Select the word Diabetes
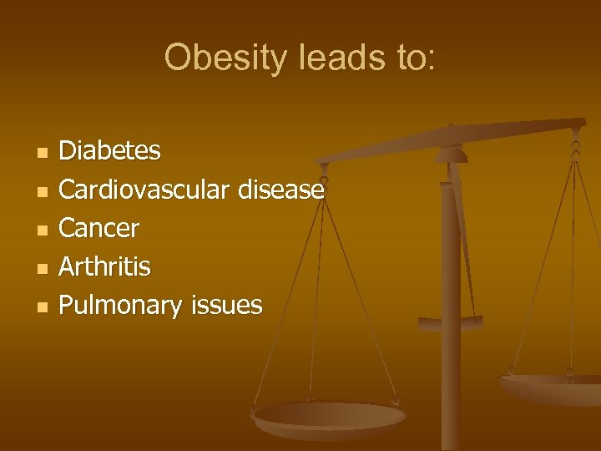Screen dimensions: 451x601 point(110,151)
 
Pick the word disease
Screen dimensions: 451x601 point(280,190)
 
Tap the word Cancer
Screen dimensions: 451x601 point(99,228)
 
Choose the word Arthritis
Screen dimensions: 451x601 point(105,267)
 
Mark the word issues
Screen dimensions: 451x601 point(227,306)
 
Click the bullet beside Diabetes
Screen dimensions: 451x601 point(43,153)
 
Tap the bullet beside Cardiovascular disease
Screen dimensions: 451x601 point(43,191)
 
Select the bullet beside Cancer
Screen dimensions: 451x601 point(43,230)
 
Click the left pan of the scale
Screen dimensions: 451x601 point(329,417)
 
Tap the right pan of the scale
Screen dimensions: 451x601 point(551,386)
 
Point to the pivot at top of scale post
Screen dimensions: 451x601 point(451,151)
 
